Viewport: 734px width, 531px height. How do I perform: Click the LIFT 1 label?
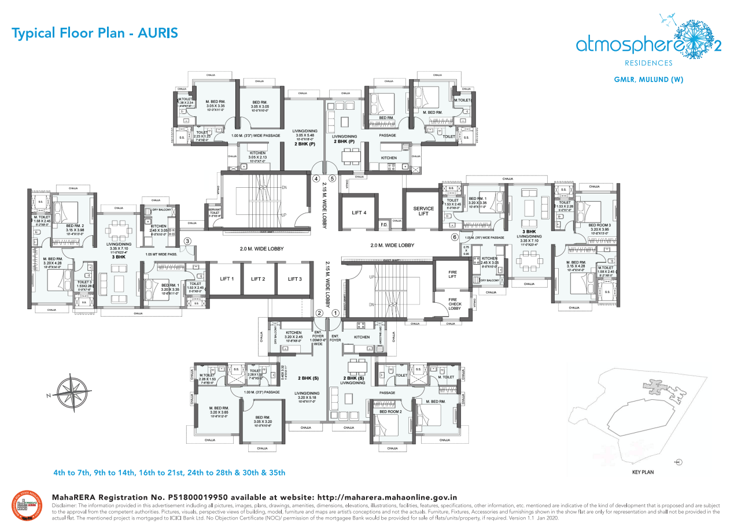(226, 279)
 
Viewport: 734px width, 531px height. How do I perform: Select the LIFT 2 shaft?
(258, 279)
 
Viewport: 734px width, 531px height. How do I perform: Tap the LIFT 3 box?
(294, 279)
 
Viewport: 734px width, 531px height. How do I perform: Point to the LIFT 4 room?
(359, 213)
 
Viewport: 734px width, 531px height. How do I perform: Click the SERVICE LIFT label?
(423, 211)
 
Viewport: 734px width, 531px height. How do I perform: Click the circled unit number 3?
(187, 242)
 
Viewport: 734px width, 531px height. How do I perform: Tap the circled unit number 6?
(455, 237)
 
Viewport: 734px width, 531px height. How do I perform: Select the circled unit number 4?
(316, 179)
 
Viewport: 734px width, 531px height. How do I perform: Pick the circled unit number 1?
(335, 313)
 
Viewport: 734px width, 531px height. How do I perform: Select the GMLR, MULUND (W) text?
(648, 80)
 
